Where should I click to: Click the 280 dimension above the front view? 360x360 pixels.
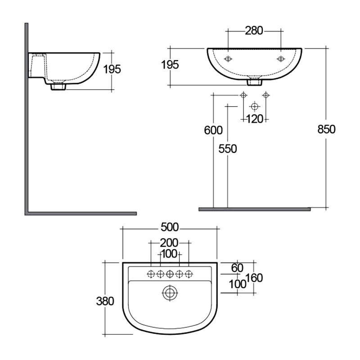point(254,31)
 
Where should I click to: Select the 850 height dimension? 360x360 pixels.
point(327,129)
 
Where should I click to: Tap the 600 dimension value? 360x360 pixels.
point(213,130)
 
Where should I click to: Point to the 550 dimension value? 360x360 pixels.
point(228,149)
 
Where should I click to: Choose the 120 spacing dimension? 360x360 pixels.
point(255,119)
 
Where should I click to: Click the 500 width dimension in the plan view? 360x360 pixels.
point(170,226)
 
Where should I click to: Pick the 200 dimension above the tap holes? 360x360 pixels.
point(170,243)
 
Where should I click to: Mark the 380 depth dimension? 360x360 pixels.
point(105,301)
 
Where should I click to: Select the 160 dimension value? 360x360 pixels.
point(254,278)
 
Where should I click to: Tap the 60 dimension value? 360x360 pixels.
point(237,268)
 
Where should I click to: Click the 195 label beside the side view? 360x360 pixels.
point(112,69)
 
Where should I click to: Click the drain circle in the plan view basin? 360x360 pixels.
point(170,293)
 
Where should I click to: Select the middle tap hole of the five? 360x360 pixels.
point(170,273)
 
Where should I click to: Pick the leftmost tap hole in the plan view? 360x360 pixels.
point(151,273)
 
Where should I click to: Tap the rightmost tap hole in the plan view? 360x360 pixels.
point(189,273)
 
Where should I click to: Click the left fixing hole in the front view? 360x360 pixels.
point(228,59)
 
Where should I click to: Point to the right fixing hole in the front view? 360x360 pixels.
point(281,59)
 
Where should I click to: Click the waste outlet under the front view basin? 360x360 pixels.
point(255,82)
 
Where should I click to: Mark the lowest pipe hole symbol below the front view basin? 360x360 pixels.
point(255,106)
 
